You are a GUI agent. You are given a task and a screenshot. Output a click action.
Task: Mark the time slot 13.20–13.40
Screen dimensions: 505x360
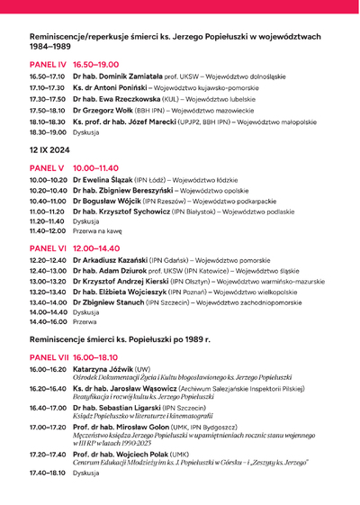[47, 292]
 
